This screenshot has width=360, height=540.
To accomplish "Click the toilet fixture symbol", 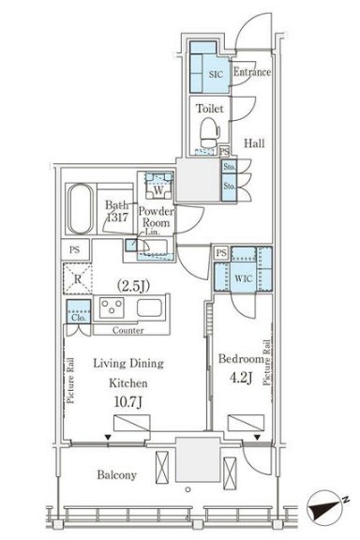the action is click(x=209, y=133).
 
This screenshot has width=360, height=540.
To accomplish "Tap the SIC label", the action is click(x=216, y=74).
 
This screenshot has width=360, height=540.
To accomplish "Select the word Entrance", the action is click(x=252, y=71).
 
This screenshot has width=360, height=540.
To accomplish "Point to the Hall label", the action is click(x=254, y=142).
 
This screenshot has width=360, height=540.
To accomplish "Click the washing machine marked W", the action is click(x=158, y=186).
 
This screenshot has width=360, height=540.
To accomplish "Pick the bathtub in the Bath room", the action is click(x=81, y=209).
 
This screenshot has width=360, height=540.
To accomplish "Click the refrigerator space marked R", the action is click(x=78, y=278).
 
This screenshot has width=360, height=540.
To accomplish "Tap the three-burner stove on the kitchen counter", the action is click(x=112, y=307).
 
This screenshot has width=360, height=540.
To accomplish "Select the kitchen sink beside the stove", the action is click(x=149, y=307).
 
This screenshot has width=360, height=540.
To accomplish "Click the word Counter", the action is click(x=127, y=330).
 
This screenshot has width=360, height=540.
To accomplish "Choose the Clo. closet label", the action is click(x=79, y=318).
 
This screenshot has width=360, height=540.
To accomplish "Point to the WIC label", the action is click(x=243, y=278).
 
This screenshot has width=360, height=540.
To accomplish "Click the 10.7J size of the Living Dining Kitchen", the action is click(x=128, y=401).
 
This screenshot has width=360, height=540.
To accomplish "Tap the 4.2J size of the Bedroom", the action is click(x=240, y=378).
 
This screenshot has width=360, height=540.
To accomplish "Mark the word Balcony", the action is click(x=117, y=475).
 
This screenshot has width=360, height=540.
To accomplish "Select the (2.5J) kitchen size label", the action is click(x=133, y=286).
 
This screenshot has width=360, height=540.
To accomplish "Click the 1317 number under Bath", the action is click(x=117, y=217).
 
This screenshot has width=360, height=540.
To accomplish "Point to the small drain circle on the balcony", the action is click(x=187, y=489).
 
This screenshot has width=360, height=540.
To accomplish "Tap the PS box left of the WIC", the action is click(x=221, y=253).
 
